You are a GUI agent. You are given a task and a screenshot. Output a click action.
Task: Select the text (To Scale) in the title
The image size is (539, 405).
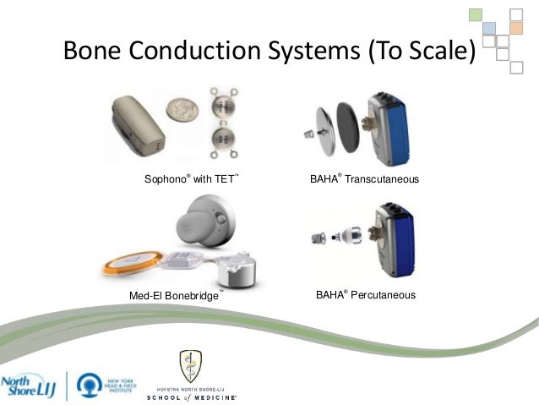coord(415,52)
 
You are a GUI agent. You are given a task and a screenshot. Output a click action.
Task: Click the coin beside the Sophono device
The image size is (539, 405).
coord(178,108)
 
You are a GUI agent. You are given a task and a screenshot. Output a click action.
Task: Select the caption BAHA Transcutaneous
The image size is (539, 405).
coord(365,180)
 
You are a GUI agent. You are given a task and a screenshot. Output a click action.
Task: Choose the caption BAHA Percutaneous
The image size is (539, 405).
coord(365,295)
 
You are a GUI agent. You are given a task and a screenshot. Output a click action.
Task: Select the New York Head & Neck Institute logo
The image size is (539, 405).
coord(105,377)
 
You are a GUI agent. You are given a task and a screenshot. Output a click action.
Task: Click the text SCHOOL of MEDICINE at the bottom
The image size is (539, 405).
coord(192,396)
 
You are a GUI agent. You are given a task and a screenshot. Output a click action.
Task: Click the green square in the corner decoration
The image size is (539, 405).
coord(477,15)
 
